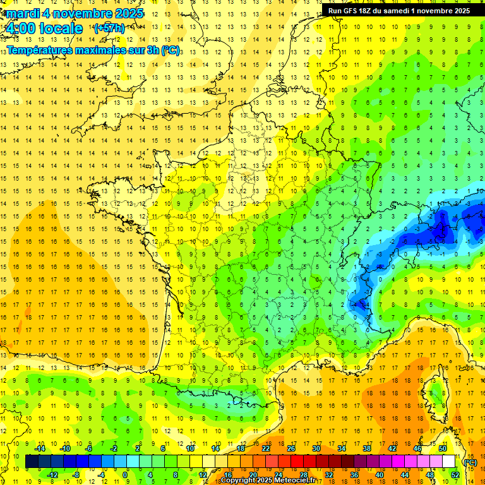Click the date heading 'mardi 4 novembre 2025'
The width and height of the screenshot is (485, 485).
point(75,13)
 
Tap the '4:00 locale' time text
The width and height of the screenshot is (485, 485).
point(44,28)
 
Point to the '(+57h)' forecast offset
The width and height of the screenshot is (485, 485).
point(109,28)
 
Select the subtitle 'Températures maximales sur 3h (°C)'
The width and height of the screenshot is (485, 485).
point(94,50)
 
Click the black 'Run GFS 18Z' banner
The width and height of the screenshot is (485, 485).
point(398,10)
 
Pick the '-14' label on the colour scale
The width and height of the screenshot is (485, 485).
point(40,448)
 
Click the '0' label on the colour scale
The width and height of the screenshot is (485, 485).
point(126,475)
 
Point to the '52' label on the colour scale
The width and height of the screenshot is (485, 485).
point(455,475)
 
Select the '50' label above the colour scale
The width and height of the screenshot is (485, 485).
point(442,448)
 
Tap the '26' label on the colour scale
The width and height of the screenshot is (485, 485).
point(290,448)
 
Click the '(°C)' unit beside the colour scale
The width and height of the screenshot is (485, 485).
point(470,462)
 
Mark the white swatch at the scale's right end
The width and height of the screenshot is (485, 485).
point(448,462)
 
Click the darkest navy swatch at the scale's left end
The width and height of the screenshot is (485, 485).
point(32,462)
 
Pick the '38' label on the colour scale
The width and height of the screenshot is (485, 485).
point(366,448)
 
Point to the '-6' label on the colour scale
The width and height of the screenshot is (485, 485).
point(89,448)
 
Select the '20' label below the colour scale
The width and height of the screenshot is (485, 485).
point(253,475)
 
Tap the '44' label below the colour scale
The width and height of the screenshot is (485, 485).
point(404,475)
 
